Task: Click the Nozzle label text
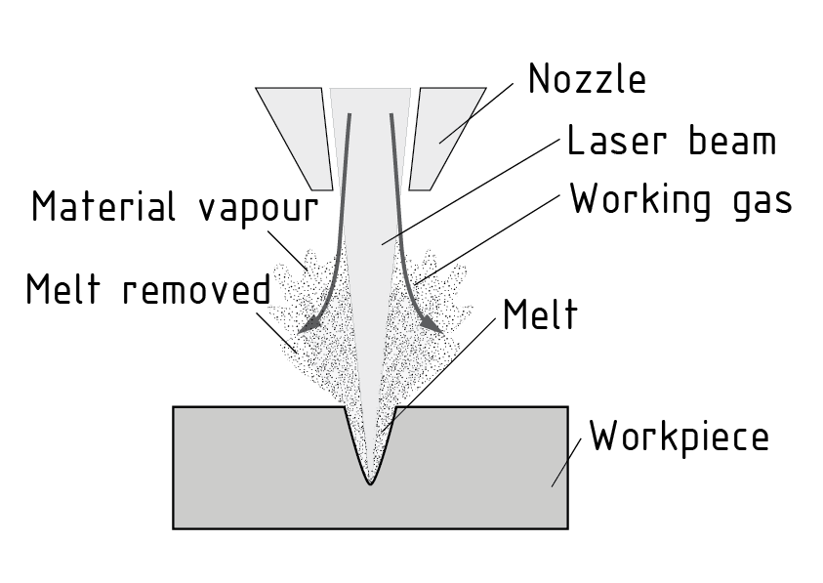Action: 587,80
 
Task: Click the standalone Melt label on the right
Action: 539,315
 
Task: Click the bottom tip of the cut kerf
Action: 369,480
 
